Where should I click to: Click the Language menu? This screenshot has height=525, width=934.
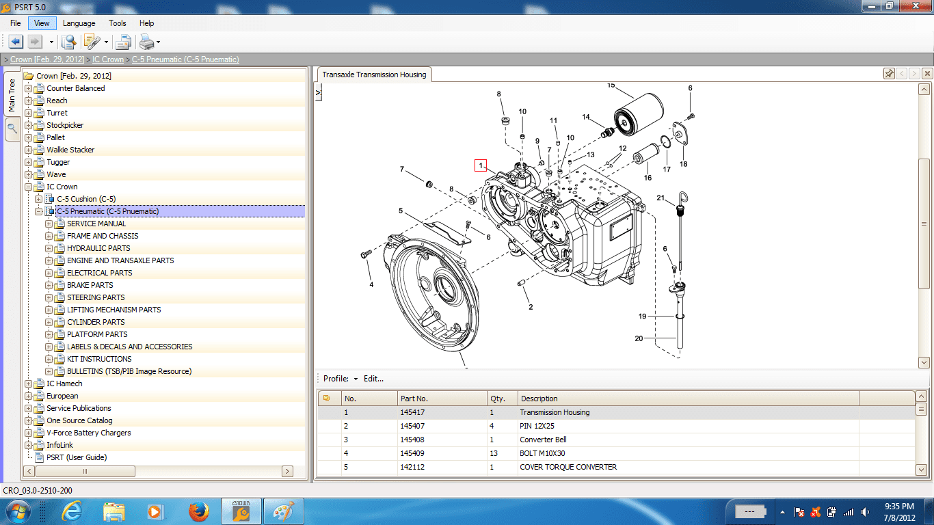coord(79,23)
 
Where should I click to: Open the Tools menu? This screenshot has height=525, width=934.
coord(117,23)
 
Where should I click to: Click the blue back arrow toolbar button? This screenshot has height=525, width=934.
coord(16,42)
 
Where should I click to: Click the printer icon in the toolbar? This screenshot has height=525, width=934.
coord(147,42)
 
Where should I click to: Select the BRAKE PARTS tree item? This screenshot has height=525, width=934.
coord(90,285)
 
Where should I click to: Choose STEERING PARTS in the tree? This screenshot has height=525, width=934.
coord(96,297)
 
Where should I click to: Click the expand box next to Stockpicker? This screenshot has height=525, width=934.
coord(28,125)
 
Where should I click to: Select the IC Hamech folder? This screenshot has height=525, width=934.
coord(64,383)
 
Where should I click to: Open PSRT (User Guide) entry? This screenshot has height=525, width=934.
coord(77,457)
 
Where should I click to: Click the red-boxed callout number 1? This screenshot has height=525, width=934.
coord(481,165)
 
